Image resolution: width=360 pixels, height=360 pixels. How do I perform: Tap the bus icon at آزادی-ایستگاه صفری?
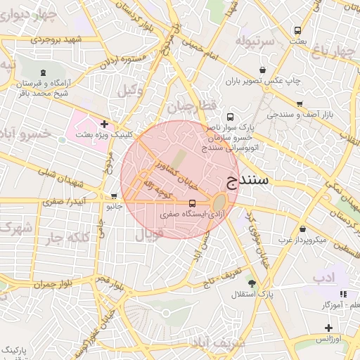coord(193,202)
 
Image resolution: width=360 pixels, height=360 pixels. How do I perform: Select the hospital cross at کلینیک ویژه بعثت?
coord(104,124)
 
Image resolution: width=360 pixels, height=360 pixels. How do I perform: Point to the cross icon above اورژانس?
coord(328,328)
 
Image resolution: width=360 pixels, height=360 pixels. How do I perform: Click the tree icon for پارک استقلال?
coord(252,283)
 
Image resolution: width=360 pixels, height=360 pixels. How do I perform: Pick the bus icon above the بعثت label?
coord(297,31)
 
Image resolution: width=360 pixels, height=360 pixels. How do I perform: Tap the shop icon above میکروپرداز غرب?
coord(302,229)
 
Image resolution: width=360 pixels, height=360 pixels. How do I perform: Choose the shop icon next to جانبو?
coord(114,196)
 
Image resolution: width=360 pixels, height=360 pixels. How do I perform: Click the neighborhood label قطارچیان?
coord(188,107)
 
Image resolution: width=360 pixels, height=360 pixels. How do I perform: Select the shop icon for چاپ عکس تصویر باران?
coord(262,70)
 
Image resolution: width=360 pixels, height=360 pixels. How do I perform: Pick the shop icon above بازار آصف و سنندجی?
coord(299,103)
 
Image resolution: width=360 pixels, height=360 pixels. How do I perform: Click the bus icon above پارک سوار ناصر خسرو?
coord(230,117)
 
